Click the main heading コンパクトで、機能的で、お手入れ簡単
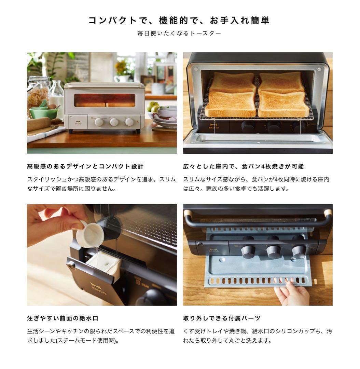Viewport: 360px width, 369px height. click(x=179, y=20)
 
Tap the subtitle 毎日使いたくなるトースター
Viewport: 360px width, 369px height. click(x=179, y=33)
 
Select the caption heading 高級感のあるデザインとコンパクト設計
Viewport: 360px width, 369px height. click(x=85, y=167)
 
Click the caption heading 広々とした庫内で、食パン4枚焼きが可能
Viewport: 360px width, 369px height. click(x=243, y=167)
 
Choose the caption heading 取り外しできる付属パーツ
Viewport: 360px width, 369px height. click(x=222, y=318)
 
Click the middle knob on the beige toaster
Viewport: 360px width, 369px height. click(x=114, y=122)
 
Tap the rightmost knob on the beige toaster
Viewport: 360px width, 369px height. click(x=129, y=122)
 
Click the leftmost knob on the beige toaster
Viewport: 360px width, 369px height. click(x=99, y=122)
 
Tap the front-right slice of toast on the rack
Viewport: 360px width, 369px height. click(x=283, y=104)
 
